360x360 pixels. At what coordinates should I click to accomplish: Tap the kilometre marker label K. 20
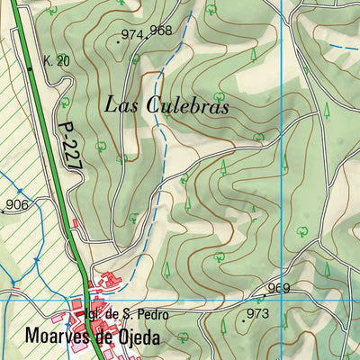pos(56,61)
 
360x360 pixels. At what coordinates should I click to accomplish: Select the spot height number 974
pos(132,35)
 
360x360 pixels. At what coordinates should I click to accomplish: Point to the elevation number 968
pos(161,30)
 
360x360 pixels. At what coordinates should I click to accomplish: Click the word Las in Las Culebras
pos(120,104)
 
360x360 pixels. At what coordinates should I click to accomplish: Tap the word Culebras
pos(185,104)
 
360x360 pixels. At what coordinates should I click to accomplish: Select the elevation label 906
pos(17,205)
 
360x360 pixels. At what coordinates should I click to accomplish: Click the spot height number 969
pos(279,288)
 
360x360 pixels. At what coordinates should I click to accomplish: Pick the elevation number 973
pos(258,313)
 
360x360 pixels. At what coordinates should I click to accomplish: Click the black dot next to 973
pos(243,319)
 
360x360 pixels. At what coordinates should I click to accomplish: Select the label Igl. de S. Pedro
pos(125,315)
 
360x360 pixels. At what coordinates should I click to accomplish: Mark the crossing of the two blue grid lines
pos(283,297)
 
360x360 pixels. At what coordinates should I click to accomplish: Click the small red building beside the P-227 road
pos(76,221)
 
